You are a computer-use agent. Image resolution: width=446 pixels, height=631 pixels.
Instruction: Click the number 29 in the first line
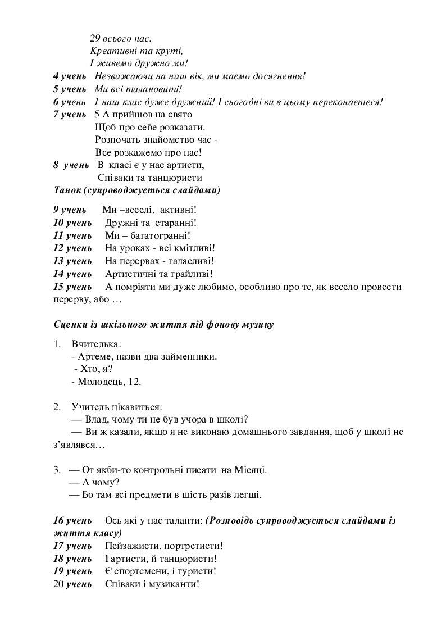95,39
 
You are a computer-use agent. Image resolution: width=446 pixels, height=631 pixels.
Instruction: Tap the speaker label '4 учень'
70,76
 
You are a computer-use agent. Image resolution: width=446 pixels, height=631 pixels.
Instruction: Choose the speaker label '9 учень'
70,210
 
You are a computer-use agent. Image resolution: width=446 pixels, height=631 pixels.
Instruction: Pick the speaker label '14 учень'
72,274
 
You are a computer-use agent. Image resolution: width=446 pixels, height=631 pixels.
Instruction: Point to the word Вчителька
96,344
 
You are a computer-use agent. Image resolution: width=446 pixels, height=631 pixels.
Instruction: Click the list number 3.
57,470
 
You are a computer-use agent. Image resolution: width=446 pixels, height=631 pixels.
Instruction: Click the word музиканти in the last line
171,584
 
